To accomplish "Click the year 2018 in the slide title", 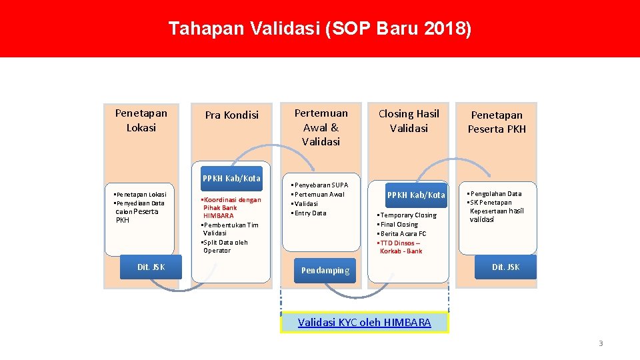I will (x=447, y=29).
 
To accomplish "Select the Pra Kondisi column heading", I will (x=231, y=115).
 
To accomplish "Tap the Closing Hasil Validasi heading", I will (x=409, y=121).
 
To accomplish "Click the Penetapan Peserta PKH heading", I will (x=497, y=122).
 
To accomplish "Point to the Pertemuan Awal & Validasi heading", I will (x=321, y=127).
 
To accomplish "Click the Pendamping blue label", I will (x=325, y=270).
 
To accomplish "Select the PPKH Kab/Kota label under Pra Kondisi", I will (x=231, y=178).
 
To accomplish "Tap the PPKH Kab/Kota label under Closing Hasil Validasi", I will (x=417, y=195).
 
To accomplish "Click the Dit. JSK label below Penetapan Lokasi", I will (x=151, y=267).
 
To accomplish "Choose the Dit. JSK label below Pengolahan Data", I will (x=505, y=267).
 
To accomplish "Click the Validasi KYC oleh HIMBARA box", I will (x=364, y=323).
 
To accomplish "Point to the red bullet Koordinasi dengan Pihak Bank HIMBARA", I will (x=231, y=208).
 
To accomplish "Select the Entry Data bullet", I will (x=310, y=213).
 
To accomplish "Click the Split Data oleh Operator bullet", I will (x=225, y=246).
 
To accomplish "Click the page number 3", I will (x=600, y=343).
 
